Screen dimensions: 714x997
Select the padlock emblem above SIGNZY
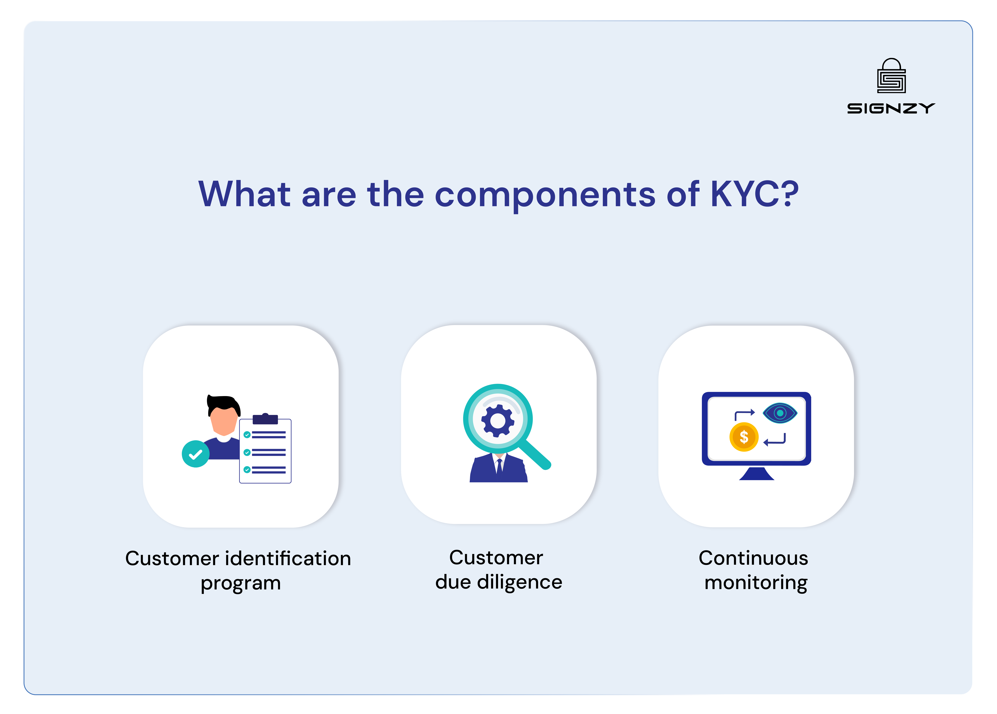(x=891, y=76)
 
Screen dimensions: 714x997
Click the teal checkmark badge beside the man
(x=195, y=454)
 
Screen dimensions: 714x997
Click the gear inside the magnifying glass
(x=498, y=421)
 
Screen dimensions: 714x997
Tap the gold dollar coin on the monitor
(x=744, y=437)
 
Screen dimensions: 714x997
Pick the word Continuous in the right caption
(x=753, y=558)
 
